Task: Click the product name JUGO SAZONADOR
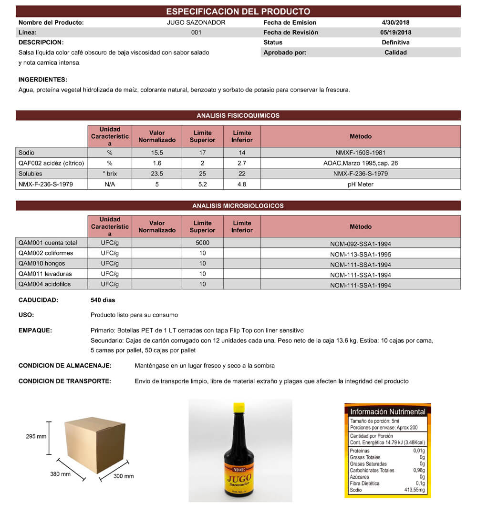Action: (196, 22)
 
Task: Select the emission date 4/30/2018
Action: (396, 22)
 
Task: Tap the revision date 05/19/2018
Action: (396, 32)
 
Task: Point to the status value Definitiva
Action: (396, 42)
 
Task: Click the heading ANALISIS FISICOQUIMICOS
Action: (238, 115)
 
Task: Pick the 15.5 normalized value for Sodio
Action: (157, 153)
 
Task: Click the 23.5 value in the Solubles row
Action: (157, 174)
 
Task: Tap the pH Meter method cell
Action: (360, 184)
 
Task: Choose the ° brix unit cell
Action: (110, 174)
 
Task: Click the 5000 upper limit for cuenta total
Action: (202, 243)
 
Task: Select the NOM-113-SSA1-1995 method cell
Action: (360, 254)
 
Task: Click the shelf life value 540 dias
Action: (103, 300)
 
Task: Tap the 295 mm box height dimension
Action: (36, 436)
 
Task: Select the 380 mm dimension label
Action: (60, 474)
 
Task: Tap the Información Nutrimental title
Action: (387, 411)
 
